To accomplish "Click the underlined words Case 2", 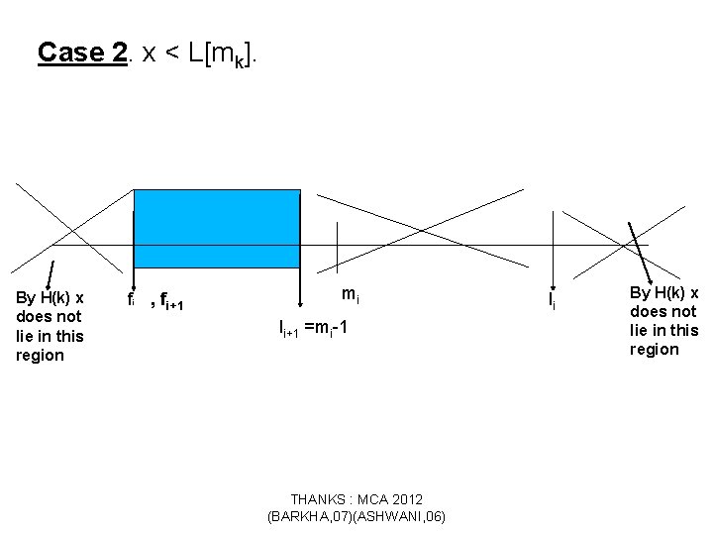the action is pos(82,53).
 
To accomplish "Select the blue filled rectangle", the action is pos(217,228).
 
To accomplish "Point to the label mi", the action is pos(350,294).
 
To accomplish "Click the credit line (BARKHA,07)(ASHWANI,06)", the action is pos(356,516).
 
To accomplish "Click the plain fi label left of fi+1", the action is pos(132,298).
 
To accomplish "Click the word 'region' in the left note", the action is pos(40,356).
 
